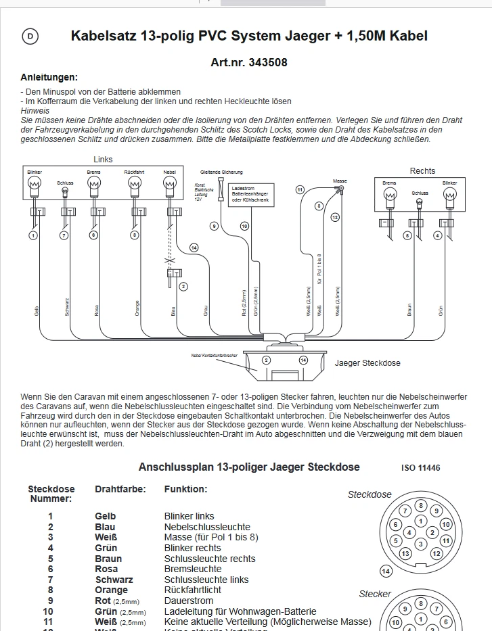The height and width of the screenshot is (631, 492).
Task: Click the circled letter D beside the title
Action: [x=30, y=37]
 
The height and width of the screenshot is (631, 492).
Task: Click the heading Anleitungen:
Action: [x=49, y=77]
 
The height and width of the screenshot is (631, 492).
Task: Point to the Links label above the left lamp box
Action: [x=103, y=160]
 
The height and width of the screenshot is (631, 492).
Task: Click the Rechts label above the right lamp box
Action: [x=422, y=170]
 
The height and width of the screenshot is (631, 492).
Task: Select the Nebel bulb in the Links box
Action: [x=169, y=183]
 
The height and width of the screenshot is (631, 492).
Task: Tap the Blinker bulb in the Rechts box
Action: [x=449, y=195]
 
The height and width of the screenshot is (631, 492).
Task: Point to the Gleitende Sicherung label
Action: [x=221, y=172]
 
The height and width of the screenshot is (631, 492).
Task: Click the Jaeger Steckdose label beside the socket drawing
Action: [x=367, y=363]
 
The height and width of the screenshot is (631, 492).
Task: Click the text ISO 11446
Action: [x=420, y=467]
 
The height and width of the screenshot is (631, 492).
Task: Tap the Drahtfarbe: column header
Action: [x=118, y=488]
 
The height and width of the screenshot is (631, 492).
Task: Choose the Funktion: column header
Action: [x=186, y=488]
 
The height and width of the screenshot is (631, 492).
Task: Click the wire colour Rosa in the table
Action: [x=106, y=569]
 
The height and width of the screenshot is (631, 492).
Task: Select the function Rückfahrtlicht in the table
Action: [x=192, y=590]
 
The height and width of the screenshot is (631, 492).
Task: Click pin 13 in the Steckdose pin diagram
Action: [x=405, y=553]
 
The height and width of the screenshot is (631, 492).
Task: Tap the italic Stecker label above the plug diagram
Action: [x=375, y=594]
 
